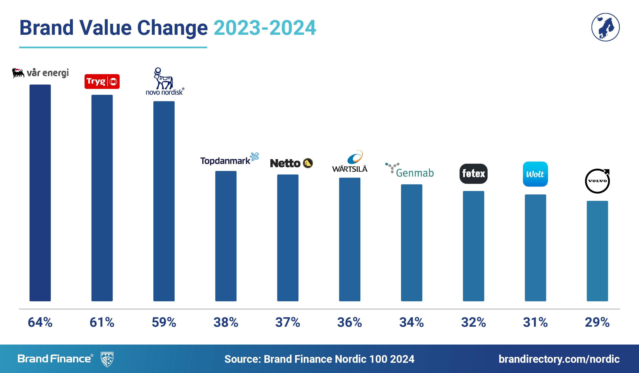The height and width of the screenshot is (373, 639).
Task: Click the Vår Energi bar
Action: pos(40,193)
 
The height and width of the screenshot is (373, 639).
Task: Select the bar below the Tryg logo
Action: pos(102,198)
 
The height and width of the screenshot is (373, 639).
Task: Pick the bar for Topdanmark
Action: pos(226,236)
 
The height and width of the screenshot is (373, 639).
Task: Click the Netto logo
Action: pos(291,163)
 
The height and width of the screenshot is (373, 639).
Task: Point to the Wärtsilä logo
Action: pos(350,162)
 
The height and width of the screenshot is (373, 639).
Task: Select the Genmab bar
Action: pos(412,243)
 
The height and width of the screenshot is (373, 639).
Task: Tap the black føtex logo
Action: pos(473,174)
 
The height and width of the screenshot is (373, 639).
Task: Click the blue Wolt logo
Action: pos(535,174)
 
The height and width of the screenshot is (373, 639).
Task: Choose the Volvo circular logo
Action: pos(597,181)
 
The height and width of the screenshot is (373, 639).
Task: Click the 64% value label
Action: pos(40,322)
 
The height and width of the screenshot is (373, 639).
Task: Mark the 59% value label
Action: pos(164,322)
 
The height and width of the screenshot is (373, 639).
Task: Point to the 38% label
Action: pos(226,322)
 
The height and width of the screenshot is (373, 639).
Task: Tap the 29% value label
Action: pos(597,322)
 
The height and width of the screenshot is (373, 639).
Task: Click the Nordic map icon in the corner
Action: pos(605,27)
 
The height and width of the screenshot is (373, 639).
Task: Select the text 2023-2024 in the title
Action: pos(265,28)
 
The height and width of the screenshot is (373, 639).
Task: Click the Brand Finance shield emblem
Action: pos(107,359)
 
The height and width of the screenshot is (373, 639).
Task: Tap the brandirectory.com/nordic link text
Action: pos(559,359)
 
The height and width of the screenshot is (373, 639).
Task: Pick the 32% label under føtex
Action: pos(473,322)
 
